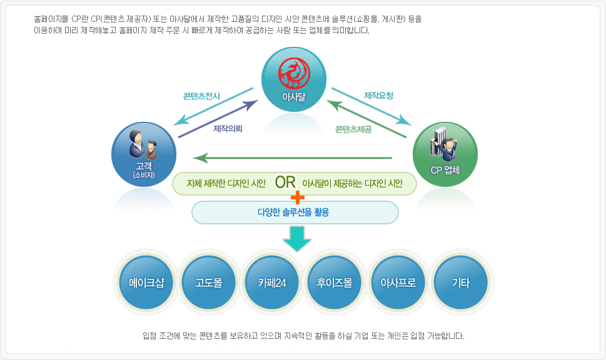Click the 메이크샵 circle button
point(146,282)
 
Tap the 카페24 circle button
point(271,282)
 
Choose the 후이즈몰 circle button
point(335,282)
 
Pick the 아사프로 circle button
point(398,282)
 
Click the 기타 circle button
point(460,282)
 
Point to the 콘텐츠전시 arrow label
point(201,96)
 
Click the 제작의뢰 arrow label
point(228,129)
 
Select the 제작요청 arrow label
point(378,96)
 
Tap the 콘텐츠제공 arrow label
point(353,129)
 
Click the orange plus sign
point(298,197)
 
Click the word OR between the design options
point(285,182)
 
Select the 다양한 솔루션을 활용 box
point(294,212)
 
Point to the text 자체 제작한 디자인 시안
point(226,183)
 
